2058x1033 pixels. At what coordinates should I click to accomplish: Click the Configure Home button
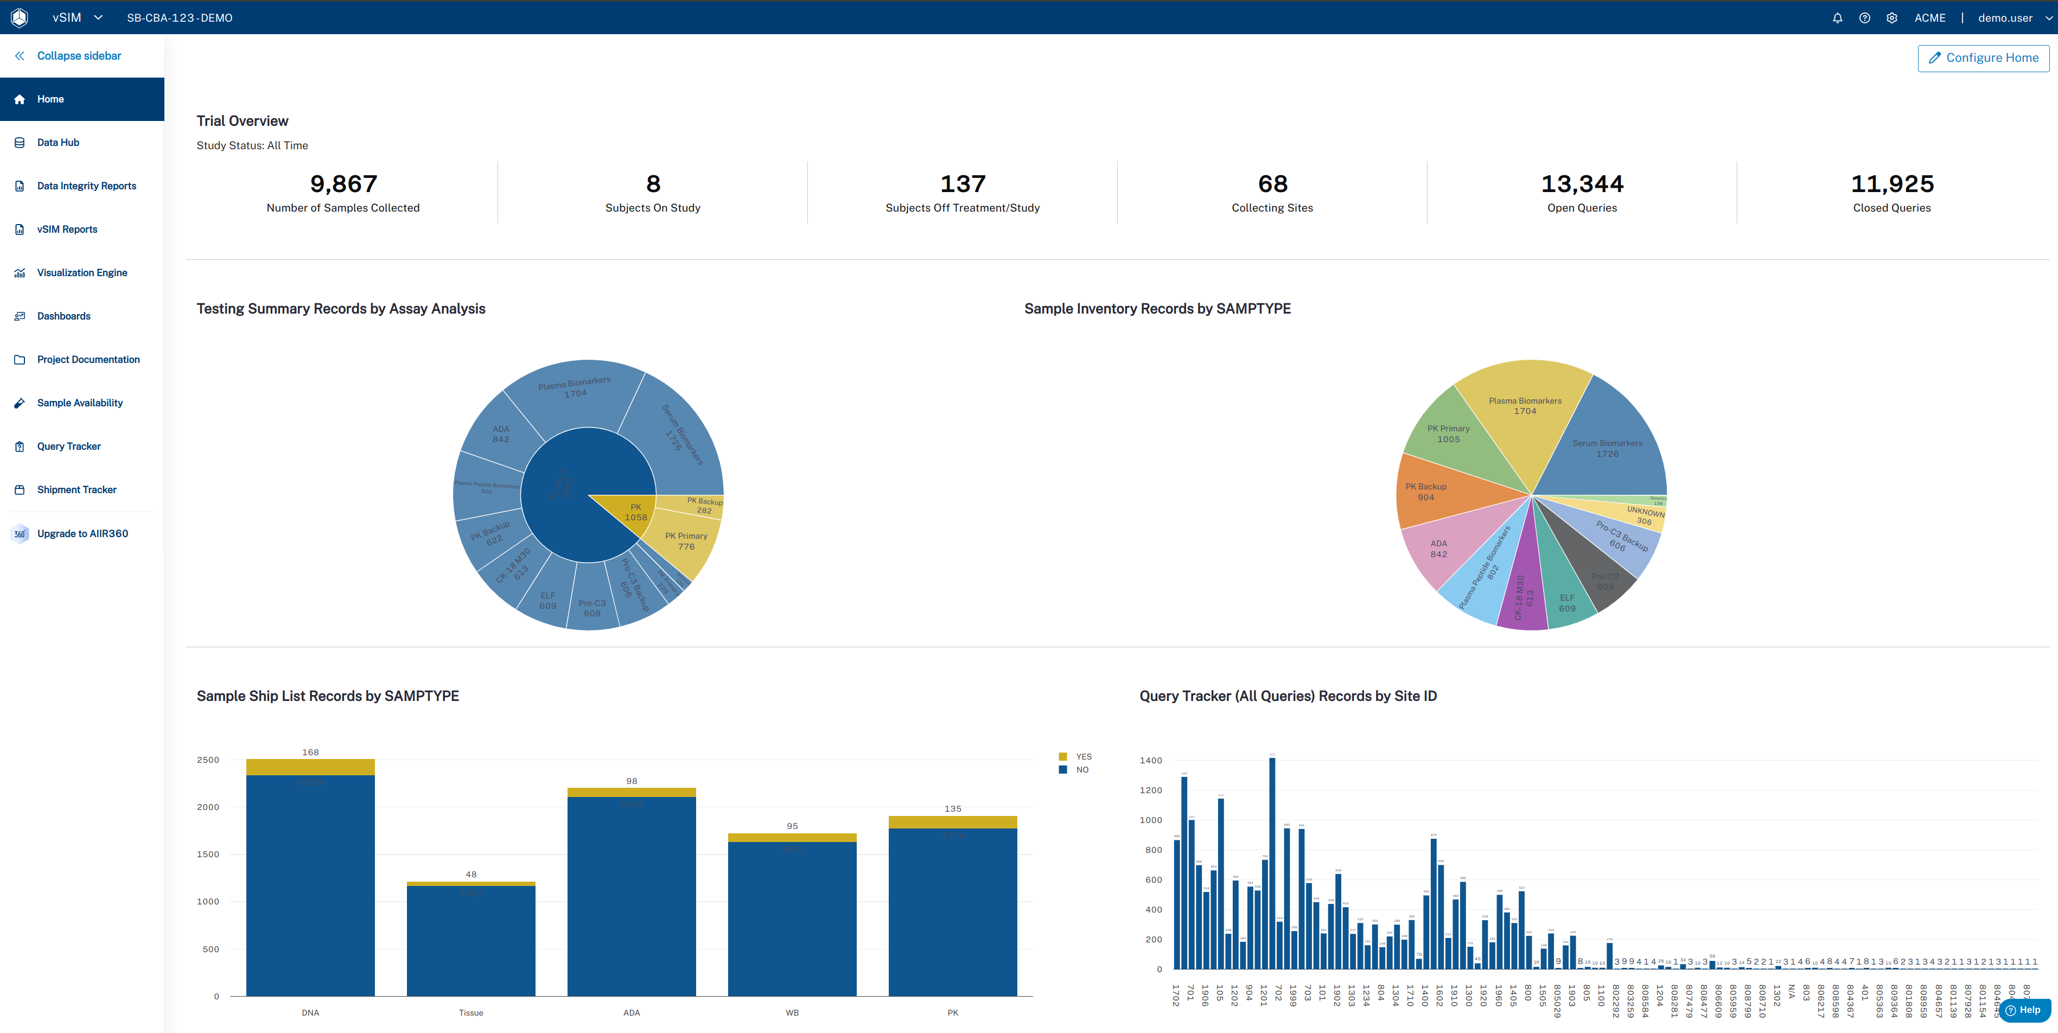(1983, 58)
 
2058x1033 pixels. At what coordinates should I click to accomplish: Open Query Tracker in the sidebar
(69, 447)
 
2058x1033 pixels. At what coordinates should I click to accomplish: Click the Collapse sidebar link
(78, 56)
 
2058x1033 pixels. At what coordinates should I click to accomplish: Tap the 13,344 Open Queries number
(1581, 184)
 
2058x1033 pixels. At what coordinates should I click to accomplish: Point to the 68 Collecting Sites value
(1272, 184)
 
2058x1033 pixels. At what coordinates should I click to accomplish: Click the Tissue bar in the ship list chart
(470, 943)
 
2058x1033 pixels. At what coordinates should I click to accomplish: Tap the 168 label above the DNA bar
(310, 752)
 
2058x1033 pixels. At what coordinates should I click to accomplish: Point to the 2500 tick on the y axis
(208, 760)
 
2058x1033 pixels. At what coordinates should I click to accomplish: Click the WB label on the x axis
(792, 1012)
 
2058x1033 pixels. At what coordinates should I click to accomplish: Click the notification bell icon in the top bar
(1837, 17)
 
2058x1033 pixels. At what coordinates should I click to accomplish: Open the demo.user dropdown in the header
(2012, 17)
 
